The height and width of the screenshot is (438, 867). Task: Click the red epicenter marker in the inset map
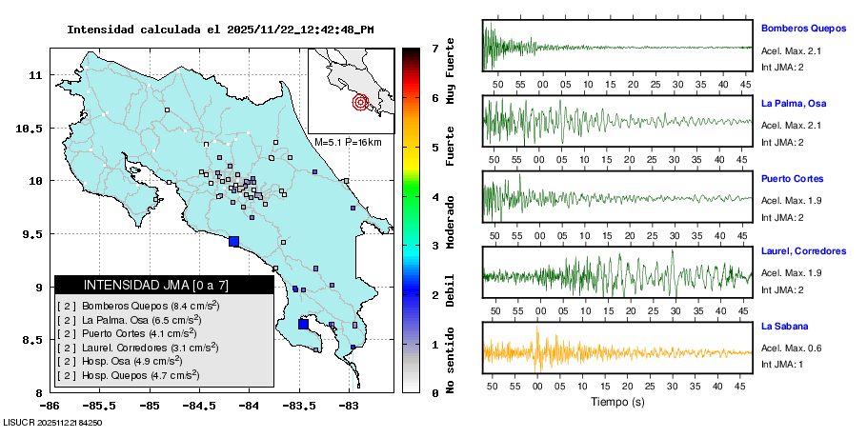tap(360, 102)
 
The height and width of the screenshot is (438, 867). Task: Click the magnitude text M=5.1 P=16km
tap(348, 142)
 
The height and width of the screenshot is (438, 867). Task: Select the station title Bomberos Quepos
tap(804, 29)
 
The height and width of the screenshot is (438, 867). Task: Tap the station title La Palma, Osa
tap(795, 103)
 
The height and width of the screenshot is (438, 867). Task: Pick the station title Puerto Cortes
tap(792, 178)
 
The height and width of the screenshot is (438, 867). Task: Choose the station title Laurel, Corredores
tap(803, 251)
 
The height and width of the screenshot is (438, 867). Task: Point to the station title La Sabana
tap(784, 327)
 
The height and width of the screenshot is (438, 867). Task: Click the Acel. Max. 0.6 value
tap(791, 347)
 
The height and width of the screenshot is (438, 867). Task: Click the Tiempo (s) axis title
tap(616, 401)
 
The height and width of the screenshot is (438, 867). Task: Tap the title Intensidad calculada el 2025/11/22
tap(219, 29)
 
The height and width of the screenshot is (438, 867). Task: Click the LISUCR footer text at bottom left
tap(53, 422)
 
